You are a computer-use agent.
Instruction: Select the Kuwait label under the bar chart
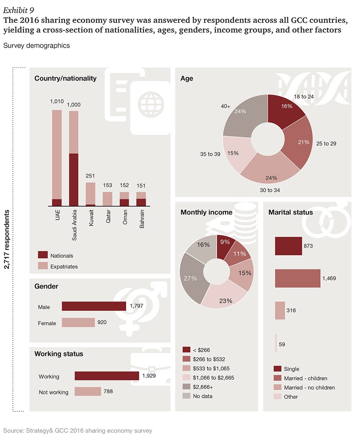click(x=91, y=220)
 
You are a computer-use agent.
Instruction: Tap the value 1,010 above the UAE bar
click(x=57, y=102)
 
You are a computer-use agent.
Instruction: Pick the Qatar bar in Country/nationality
click(x=108, y=198)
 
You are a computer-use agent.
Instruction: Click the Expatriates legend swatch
click(x=43, y=266)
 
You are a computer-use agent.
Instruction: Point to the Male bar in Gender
click(x=94, y=306)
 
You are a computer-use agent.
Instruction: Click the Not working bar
click(x=87, y=392)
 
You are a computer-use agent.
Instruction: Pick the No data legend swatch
click(x=186, y=396)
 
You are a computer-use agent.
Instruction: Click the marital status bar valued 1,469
click(x=297, y=278)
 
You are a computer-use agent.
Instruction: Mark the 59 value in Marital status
click(x=282, y=344)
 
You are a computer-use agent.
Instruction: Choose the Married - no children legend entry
click(x=309, y=387)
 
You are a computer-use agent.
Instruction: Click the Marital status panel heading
click(x=290, y=212)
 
